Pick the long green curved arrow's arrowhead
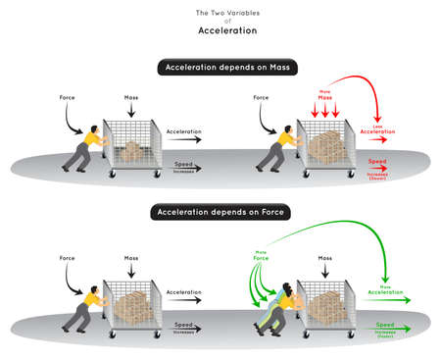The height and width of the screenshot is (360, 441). point(383,276)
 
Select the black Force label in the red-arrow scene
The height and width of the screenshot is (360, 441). point(261,97)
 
